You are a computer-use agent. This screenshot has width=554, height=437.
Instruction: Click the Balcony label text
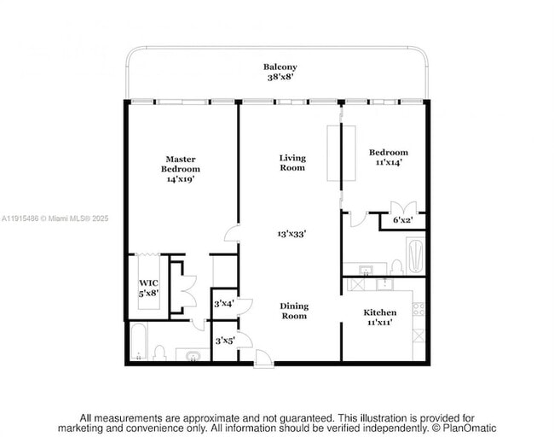point(280,67)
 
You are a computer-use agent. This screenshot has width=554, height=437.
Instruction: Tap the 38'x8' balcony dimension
point(280,77)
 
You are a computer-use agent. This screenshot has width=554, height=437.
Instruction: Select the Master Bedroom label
point(180,164)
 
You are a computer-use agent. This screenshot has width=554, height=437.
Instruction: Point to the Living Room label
point(292,162)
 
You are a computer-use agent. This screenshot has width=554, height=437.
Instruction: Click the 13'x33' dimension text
point(292,233)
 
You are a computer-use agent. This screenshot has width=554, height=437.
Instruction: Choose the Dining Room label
point(294,311)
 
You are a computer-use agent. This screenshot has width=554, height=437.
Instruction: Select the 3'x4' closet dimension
point(223,304)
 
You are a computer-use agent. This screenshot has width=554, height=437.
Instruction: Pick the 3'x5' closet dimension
point(223,341)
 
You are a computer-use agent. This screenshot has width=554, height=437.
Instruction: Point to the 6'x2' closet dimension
point(402,220)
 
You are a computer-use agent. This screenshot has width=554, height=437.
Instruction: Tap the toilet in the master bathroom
point(159,352)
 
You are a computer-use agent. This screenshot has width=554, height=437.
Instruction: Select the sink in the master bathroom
point(192,353)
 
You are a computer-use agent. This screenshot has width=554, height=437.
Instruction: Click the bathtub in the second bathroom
point(415,253)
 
